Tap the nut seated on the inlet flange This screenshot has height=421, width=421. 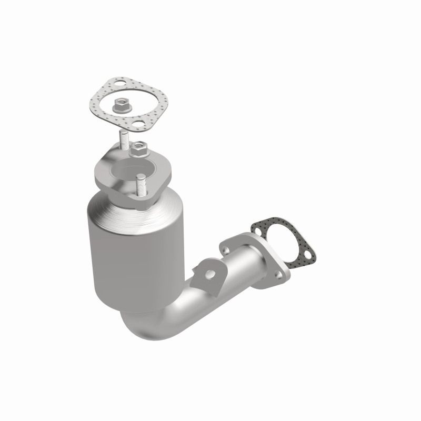coord(139,149)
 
